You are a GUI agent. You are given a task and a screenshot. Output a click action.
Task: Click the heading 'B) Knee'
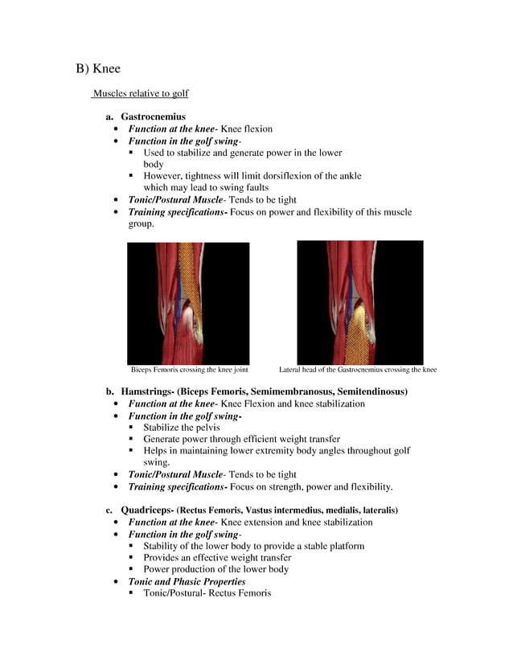(98, 69)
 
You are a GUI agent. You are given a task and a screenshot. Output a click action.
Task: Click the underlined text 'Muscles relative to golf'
(141, 94)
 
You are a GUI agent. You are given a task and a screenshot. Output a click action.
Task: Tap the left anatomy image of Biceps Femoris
(188, 303)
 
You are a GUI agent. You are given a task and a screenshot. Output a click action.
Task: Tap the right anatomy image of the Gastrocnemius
(359, 302)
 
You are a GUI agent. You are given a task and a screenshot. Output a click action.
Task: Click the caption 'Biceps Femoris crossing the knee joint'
(189, 371)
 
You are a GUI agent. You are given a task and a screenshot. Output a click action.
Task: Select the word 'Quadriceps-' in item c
(146, 510)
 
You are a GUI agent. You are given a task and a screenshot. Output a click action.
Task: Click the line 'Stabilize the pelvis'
(181, 428)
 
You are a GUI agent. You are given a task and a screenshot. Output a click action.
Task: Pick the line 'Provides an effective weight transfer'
(217, 557)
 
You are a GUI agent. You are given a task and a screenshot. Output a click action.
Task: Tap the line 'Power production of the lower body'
(215, 569)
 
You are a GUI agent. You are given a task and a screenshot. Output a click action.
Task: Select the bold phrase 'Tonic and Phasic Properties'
(187, 581)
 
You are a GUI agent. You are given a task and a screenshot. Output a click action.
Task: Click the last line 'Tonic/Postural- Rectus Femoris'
(207, 593)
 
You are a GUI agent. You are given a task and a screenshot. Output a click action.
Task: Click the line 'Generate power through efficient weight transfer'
(241, 439)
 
